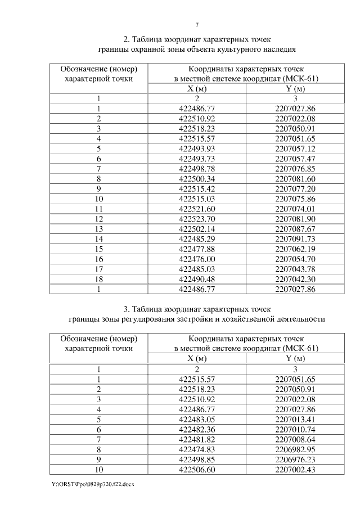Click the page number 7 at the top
[197, 25]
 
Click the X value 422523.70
[197, 218]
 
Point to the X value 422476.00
[197, 259]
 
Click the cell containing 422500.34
[197, 178]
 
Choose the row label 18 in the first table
[98, 279]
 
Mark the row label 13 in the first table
[98, 228]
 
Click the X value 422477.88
[197, 249]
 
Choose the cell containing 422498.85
[197, 460]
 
